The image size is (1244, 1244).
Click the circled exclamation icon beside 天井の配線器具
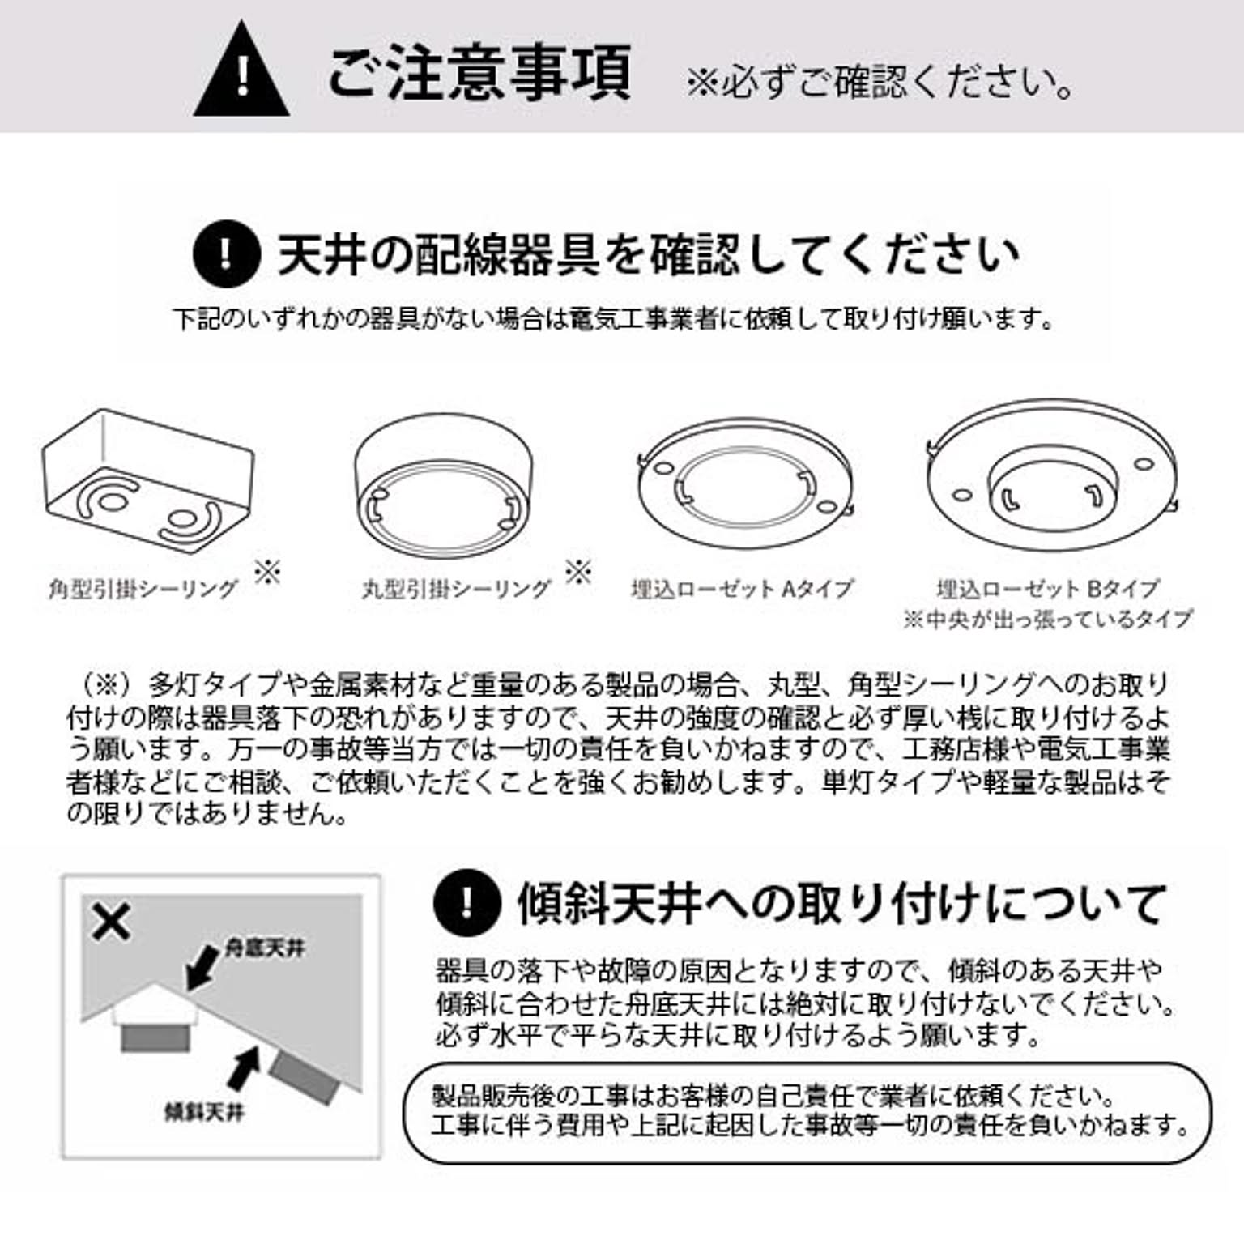coord(226,253)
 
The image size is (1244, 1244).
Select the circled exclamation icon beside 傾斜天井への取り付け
coord(466,902)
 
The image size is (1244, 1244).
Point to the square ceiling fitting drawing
coord(148,481)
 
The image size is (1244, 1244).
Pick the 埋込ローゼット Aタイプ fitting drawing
coord(744,484)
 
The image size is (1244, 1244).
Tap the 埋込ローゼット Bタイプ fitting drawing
coord(1050,475)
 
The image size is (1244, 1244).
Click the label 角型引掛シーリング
coord(143,589)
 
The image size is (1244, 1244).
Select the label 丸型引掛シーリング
coord(456,589)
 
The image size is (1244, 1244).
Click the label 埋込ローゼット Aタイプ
coord(742,589)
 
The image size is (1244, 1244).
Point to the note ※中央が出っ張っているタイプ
coord(1048,620)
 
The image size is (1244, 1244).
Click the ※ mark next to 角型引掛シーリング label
coord(267,572)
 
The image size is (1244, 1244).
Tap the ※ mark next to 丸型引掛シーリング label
coord(578,572)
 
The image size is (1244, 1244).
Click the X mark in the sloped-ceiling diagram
coord(111,922)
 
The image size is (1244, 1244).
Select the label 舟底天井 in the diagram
coord(264,948)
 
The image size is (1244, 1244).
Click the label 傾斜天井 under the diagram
coord(204,1112)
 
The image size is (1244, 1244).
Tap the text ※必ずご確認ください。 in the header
coord(880,83)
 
